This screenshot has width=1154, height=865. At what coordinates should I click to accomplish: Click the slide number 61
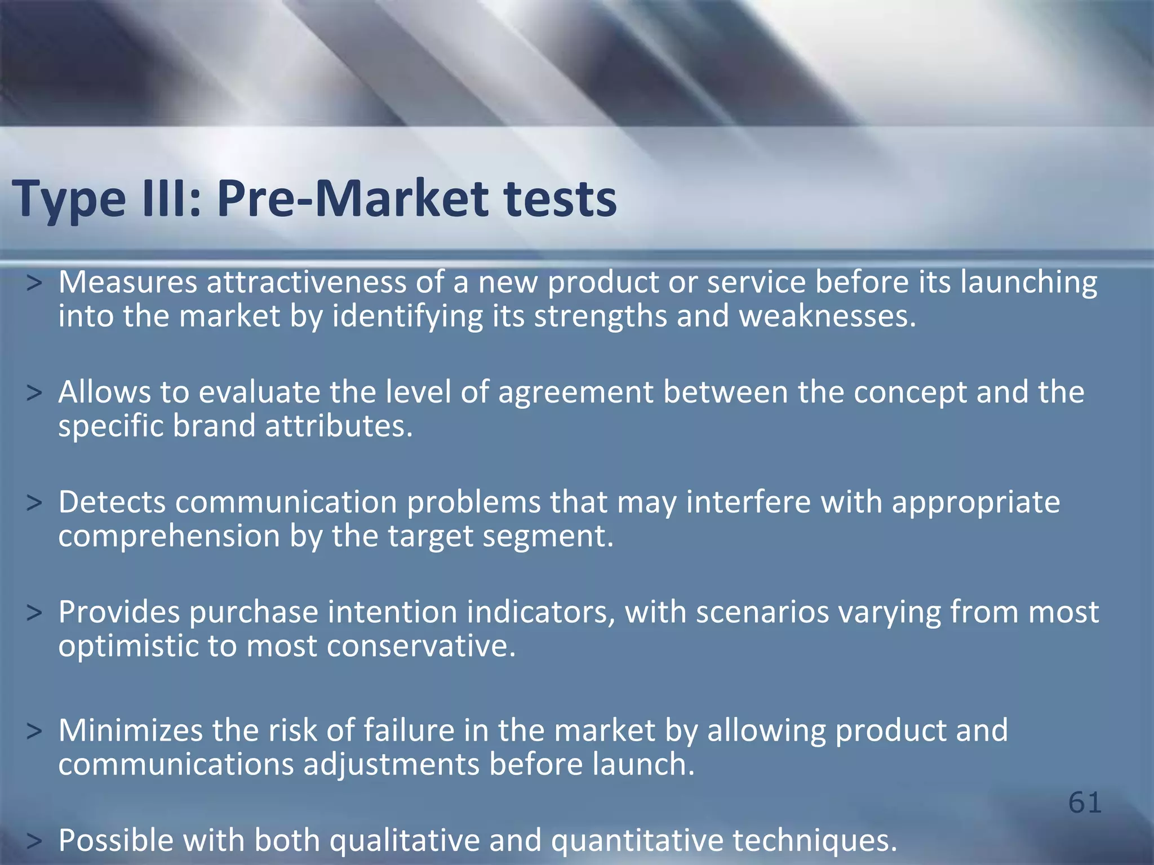(1085, 802)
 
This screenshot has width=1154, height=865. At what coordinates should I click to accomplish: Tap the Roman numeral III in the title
(164, 198)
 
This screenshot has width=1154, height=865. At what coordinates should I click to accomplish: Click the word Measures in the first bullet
(128, 282)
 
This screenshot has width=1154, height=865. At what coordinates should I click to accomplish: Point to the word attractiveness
(306, 282)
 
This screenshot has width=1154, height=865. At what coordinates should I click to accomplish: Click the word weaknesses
(827, 316)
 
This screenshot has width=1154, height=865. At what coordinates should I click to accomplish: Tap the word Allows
(104, 392)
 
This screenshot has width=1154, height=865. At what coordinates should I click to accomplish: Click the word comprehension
(169, 536)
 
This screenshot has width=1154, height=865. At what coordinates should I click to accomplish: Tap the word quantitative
(637, 840)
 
